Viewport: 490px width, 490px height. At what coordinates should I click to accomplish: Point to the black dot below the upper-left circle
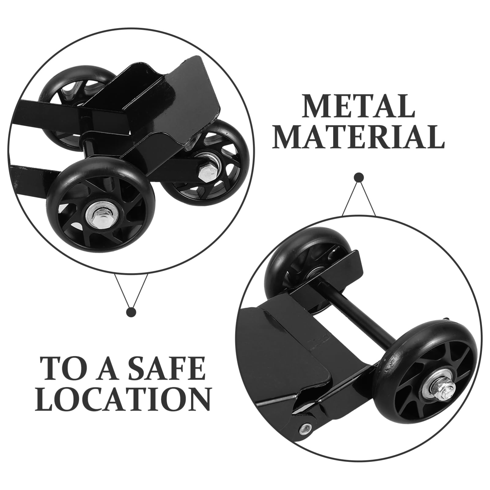[131, 312]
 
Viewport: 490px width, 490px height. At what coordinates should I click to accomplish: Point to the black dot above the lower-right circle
[359, 178]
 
